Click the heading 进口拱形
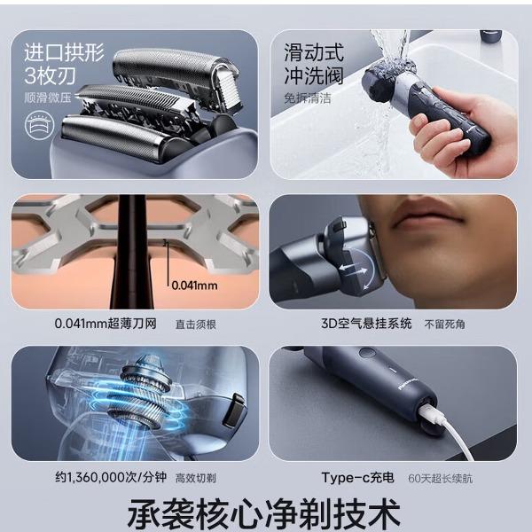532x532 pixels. point(64,52)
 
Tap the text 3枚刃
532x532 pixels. point(50,75)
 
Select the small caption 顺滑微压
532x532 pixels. point(48,98)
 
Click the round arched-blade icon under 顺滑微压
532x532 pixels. point(39,125)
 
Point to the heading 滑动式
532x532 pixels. point(314,52)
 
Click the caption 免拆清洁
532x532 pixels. point(308,98)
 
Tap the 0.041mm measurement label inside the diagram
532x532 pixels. point(194,286)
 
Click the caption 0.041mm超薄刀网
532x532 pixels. point(106,324)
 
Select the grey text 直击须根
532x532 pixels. point(196,325)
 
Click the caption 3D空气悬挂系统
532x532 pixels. point(366,324)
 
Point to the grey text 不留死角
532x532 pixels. point(444,325)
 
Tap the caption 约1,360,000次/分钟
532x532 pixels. point(111,477)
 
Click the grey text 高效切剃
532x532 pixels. point(196,479)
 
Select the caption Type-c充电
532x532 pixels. point(357,477)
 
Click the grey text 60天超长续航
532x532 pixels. point(441,479)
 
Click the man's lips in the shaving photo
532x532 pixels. point(426,217)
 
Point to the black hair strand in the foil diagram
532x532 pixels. point(132,252)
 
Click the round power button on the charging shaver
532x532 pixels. point(367,353)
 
